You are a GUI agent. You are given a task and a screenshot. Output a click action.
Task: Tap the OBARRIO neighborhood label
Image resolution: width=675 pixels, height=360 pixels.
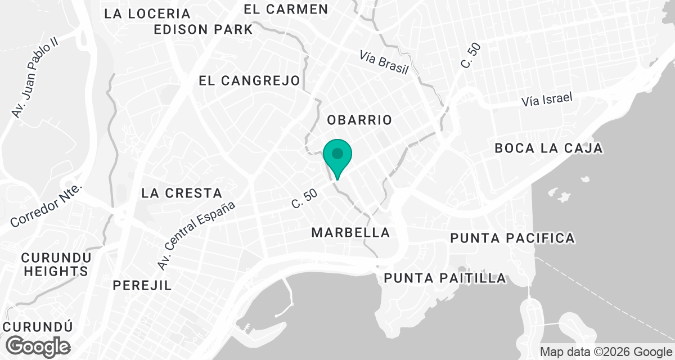[359, 120]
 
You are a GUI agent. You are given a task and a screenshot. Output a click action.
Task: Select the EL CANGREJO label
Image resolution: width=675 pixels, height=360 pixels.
[249, 81]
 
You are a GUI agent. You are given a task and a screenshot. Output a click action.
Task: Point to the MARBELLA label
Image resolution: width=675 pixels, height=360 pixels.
[350, 232]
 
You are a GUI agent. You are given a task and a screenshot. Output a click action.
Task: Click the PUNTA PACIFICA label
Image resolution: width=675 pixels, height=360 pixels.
[512, 238]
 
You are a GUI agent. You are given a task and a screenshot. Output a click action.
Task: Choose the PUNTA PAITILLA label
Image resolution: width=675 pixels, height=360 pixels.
[444, 278]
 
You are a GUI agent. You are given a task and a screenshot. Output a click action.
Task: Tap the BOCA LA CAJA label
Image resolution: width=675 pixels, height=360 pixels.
[548, 148]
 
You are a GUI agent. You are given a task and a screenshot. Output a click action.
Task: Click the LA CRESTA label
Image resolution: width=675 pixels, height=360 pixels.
[182, 193]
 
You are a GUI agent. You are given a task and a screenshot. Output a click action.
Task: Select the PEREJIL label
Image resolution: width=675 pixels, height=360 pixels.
[142, 285]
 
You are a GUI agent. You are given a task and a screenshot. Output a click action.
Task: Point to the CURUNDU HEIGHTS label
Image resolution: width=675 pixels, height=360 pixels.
[56, 264]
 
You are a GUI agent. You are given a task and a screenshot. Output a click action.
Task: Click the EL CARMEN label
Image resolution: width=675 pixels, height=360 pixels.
[286, 9]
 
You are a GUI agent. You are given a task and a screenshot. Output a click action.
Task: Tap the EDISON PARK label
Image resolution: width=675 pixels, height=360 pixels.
[204, 30]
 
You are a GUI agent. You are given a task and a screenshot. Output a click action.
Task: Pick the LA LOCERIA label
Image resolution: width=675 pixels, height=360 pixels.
[147, 13]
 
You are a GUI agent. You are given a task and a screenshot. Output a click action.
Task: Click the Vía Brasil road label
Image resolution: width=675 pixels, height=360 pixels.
[384, 62]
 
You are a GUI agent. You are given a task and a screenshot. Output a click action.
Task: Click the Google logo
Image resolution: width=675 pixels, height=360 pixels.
[39, 345]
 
